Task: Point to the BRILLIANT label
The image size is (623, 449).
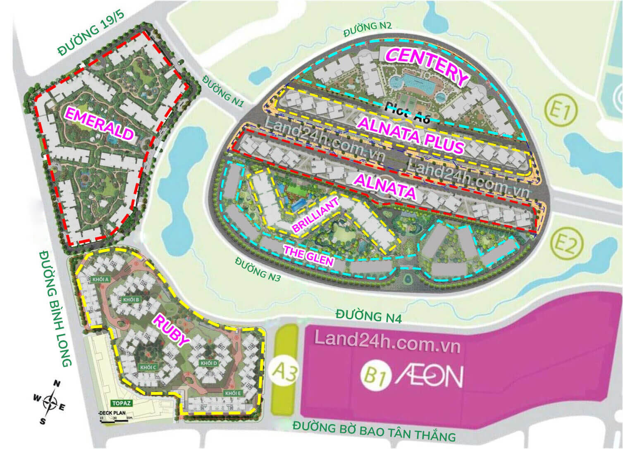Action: (x=315, y=215)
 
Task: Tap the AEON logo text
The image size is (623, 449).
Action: (x=430, y=376)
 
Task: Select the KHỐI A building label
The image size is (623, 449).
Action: (x=100, y=279)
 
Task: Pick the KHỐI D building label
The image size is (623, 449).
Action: (x=208, y=363)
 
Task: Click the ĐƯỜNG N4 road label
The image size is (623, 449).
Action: (x=368, y=315)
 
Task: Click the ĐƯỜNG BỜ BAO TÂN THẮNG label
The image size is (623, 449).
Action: (x=374, y=431)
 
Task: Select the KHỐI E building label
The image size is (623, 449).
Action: (x=233, y=393)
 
